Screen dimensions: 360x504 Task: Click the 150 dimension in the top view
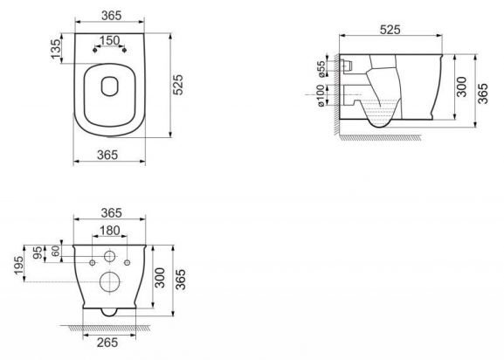(110, 41)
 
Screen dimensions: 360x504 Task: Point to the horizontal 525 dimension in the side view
(396, 29)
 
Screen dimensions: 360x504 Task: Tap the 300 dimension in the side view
(462, 86)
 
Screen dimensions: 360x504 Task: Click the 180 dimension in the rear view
(110, 230)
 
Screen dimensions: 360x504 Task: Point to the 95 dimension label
(38, 253)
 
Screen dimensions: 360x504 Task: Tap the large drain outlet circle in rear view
(110, 281)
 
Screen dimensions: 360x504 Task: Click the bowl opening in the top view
(110, 87)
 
